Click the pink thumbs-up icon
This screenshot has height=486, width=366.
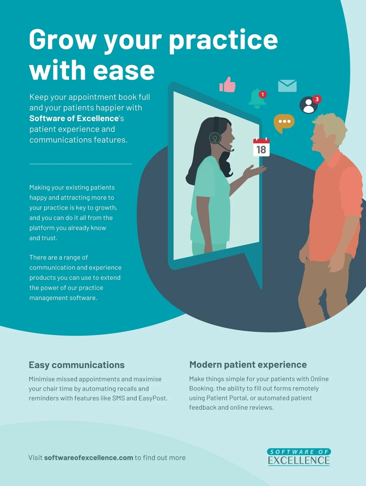[228, 85]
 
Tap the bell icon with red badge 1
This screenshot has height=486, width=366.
[257, 99]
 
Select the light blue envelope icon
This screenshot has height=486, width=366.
[287, 86]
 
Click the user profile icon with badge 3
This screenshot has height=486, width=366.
[309, 105]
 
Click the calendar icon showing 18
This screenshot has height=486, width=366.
[261, 147]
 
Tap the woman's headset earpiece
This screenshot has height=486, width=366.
[215, 138]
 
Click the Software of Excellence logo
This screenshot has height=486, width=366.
[299, 457]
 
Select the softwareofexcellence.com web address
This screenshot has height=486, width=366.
[88, 458]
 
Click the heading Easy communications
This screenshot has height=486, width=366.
[77, 365]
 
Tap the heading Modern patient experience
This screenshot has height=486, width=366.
[248, 365]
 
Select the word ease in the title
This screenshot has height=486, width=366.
[124, 70]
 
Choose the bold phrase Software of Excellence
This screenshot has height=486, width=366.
[74, 118]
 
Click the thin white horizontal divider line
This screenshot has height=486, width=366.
[81, 164]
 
